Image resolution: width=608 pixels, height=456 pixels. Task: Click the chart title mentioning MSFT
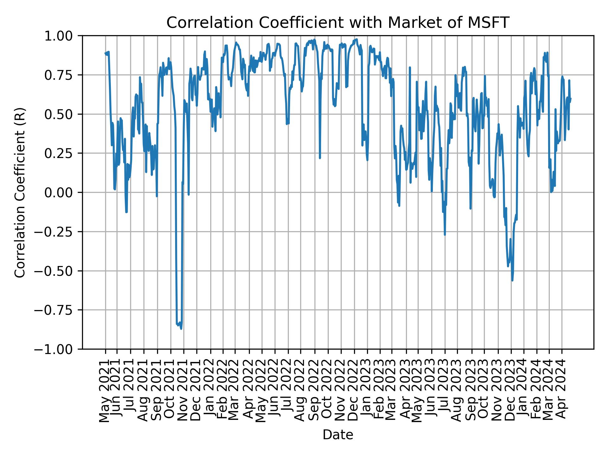tap(338, 23)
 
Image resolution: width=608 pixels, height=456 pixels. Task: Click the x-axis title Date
tap(338, 435)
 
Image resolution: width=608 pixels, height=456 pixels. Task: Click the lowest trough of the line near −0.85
tap(181, 329)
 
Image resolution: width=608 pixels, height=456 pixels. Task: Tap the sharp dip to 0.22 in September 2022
tap(320, 158)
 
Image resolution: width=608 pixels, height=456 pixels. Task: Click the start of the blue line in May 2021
tap(105, 54)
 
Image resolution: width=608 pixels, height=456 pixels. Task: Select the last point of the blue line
tap(570, 98)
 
